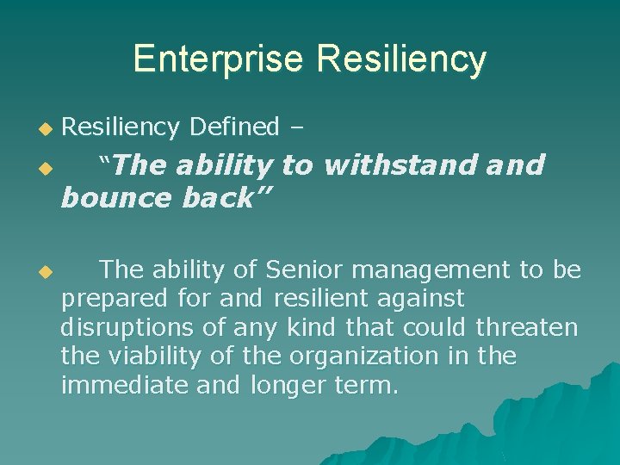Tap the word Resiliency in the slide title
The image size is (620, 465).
[401, 59]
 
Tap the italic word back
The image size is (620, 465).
[223, 198]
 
